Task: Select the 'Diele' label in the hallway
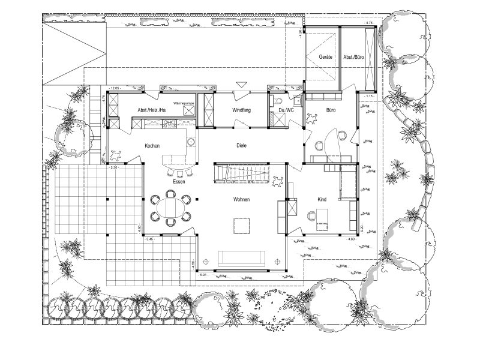click(242, 146)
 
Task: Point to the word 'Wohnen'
click(242, 200)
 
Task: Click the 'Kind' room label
click(322, 200)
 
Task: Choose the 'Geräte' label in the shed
click(326, 57)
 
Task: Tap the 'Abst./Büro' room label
click(355, 57)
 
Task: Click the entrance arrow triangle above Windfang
click(242, 85)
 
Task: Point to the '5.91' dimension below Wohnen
click(204, 275)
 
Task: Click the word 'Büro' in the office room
click(331, 110)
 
